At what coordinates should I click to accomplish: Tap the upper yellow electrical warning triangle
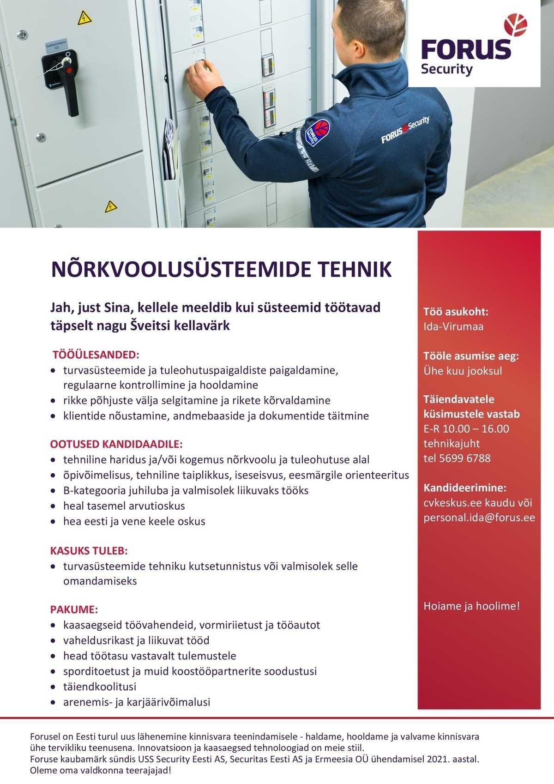84,18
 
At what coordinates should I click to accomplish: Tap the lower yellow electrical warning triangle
111,206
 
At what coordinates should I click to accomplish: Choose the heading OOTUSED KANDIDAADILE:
117,444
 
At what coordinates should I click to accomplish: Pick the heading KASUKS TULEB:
89,551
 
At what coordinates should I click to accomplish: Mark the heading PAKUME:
74,610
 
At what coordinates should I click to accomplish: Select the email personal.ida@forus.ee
479,517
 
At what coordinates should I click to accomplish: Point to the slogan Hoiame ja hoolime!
472,606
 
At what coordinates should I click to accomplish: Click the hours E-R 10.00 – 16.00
466,428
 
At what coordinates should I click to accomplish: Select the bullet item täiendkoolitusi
100,687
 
